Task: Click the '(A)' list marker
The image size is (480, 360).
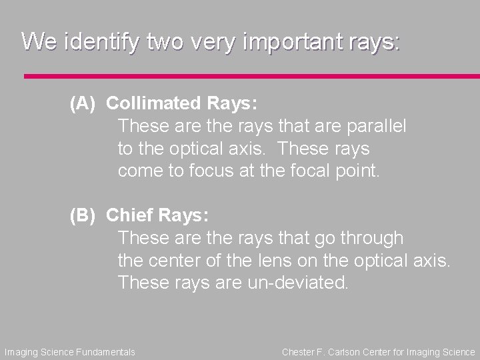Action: click(x=84, y=103)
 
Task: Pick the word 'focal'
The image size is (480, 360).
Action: click(x=303, y=171)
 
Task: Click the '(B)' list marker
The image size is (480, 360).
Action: click(x=84, y=216)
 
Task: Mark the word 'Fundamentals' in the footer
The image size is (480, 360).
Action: click(x=108, y=352)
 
